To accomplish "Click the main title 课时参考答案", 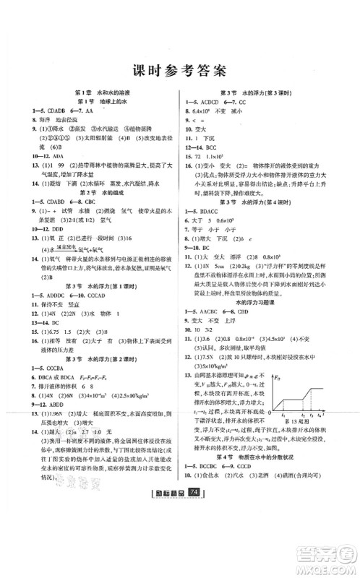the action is point(180,70).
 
